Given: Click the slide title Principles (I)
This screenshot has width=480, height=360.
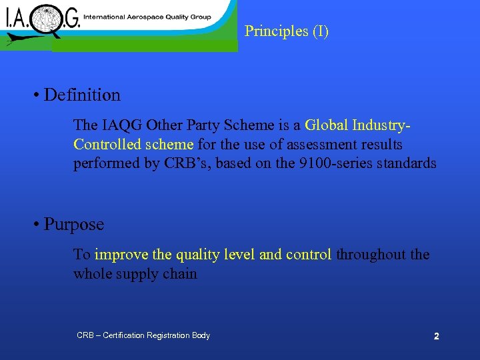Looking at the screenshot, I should click(287, 31).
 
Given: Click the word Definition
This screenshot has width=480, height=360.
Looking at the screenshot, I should click(82, 95).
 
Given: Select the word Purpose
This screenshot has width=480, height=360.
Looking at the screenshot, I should click(74, 225).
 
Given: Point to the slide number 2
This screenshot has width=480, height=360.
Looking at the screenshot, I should click(436, 337).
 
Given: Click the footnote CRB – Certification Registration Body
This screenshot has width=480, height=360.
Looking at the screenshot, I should click(143, 335).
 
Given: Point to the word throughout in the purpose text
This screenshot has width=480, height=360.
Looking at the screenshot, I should click(369, 255).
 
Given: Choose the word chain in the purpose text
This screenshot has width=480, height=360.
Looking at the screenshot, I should click(181, 274).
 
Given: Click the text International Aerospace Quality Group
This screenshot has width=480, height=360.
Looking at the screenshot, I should click(147, 17).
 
